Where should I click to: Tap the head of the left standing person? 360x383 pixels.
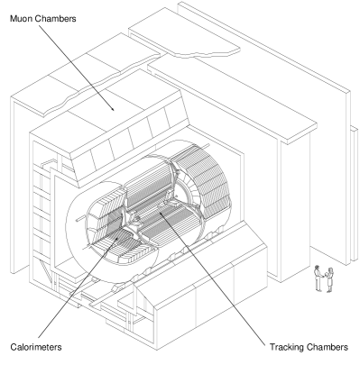(x=316, y=268)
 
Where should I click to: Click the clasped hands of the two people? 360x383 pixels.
(x=322, y=276)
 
